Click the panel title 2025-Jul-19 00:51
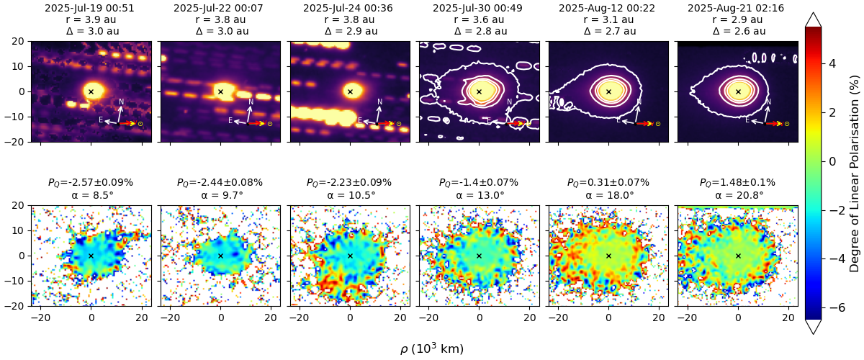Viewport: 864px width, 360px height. (91, 8)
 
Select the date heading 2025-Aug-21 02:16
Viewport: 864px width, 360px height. (737, 8)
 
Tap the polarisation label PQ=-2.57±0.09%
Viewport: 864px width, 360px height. (91, 183)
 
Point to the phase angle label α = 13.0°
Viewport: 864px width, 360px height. (479, 195)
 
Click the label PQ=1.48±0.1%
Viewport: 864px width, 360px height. (737, 183)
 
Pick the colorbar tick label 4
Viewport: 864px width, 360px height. (832, 63)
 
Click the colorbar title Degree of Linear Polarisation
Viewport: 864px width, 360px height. (854, 173)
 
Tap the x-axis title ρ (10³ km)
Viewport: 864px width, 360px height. (432, 349)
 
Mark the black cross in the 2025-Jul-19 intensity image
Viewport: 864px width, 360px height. (91, 91)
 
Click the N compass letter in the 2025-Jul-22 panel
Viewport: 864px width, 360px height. (251, 102)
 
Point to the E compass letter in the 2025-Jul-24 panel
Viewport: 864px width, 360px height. (359, 120)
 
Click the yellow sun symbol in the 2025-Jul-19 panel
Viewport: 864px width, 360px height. (140, 124)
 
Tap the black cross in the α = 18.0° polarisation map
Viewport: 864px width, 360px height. (608, 256)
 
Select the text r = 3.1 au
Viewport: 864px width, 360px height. (608, 19)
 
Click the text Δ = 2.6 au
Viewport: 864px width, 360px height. (737, 31)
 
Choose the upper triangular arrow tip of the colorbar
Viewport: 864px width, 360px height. (813, 19)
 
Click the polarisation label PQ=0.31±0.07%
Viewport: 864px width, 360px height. (608, 183)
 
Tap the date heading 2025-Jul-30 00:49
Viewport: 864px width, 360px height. (479, 8)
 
